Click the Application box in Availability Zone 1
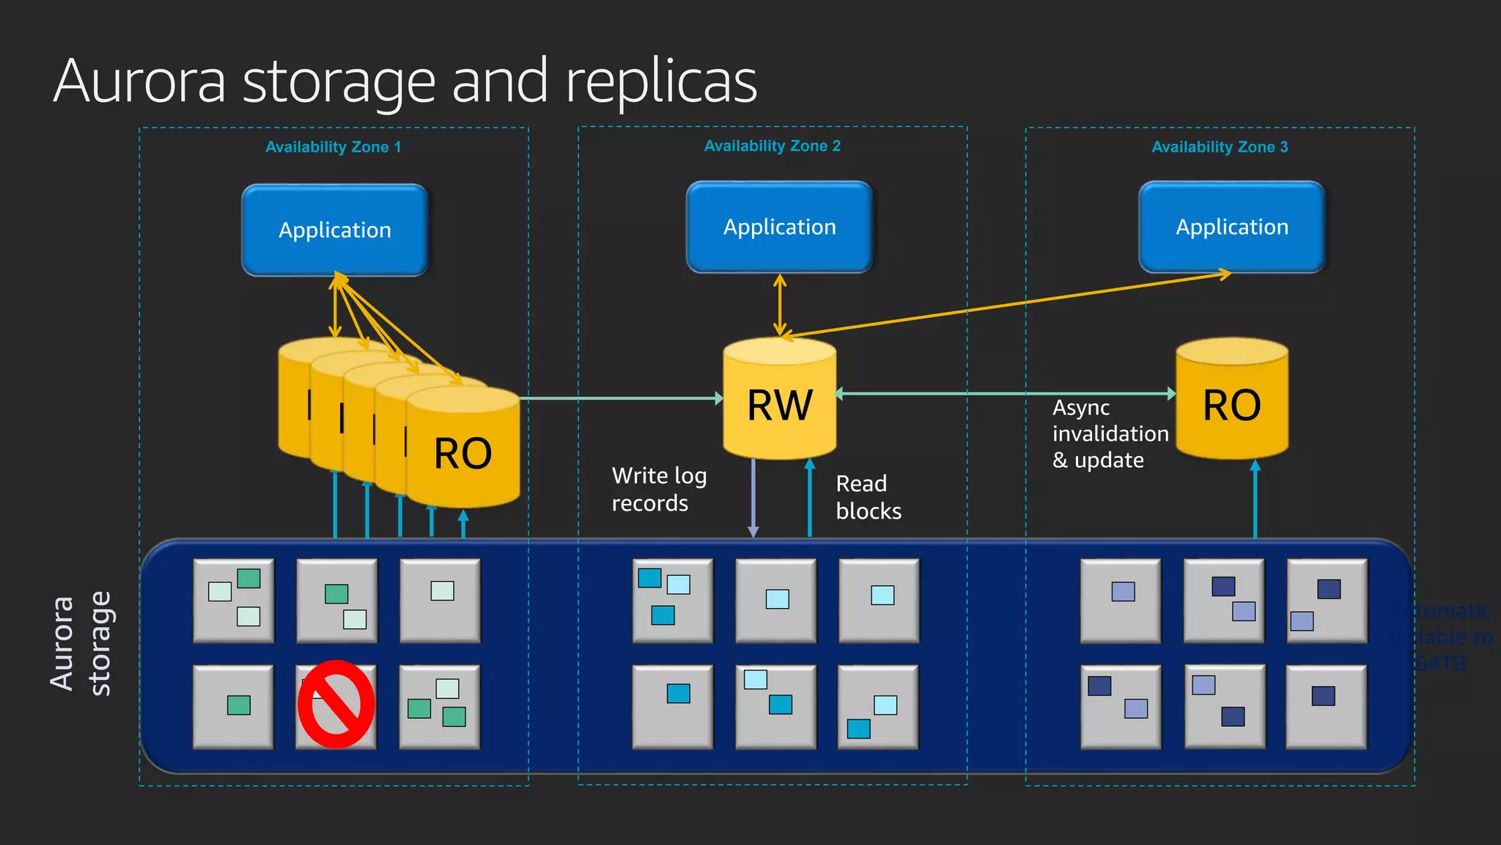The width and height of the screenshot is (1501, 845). pos(335,230)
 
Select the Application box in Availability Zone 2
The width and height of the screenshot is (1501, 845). pos(779,227)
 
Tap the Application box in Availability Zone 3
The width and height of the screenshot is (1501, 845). pos(1232,227)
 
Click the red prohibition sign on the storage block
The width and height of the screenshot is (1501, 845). pos(336,705)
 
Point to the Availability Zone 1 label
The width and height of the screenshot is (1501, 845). pos(333,147)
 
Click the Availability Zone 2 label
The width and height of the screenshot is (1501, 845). pos(772,146)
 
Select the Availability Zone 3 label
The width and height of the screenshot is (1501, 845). pos(1220,147)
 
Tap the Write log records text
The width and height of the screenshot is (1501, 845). pos(658,489)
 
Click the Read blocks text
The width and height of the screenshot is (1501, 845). pos(868,497)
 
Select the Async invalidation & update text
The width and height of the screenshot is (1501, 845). pos(1109,434)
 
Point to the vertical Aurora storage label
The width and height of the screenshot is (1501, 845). pos(81,643)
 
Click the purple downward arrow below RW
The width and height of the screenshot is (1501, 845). pos(753,499)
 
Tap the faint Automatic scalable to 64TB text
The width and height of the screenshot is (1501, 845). pos(1440,637)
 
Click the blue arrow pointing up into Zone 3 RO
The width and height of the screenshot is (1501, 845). pos(1255,499)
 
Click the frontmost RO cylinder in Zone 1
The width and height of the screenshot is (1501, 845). pos(462,451)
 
